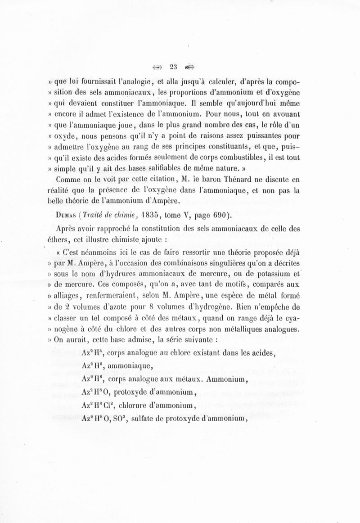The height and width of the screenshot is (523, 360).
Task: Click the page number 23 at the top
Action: (x=174, y=68)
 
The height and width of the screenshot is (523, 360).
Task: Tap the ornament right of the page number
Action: (x=190, y=68)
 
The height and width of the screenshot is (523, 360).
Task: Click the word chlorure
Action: (x=136, y=405)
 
